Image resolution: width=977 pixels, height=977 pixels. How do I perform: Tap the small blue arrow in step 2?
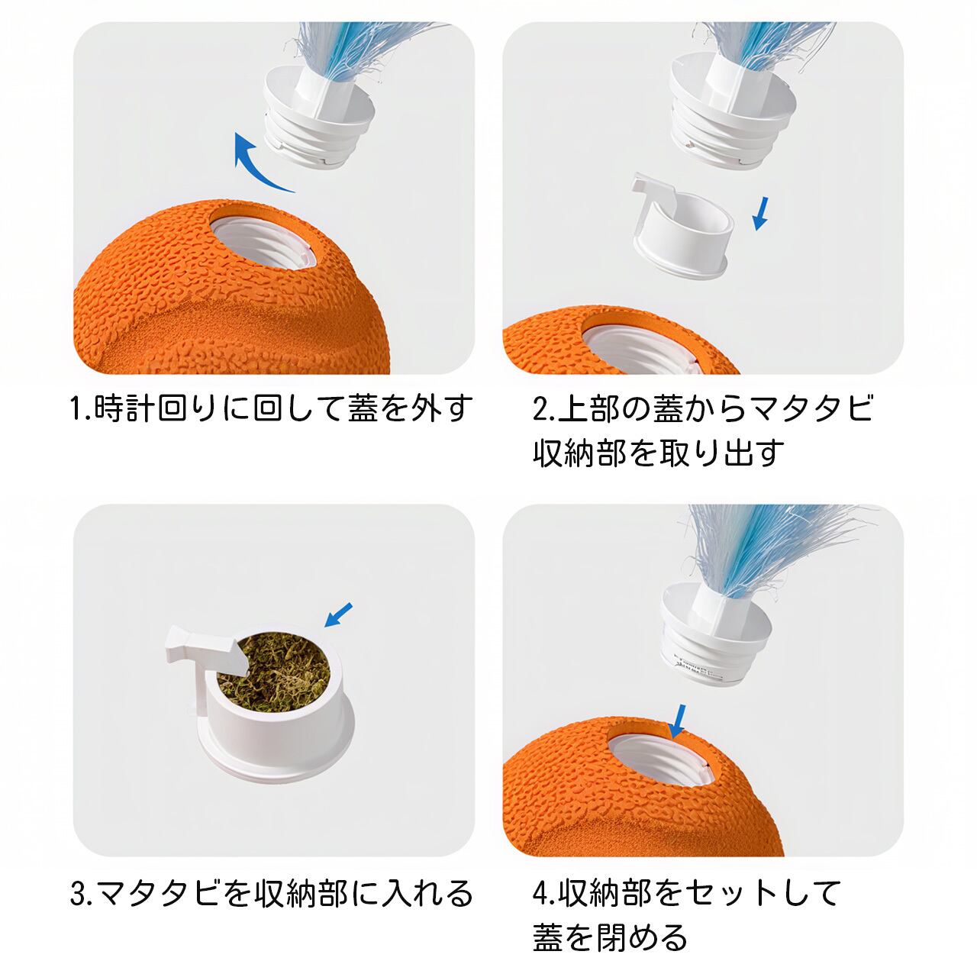[x=760, y=214]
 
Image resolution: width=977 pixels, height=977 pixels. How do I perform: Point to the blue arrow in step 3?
[x=337, y=615]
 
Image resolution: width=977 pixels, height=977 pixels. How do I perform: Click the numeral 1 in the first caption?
[x=76, y=409]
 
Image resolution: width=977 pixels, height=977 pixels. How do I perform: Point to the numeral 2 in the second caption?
[x=540, y=409]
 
